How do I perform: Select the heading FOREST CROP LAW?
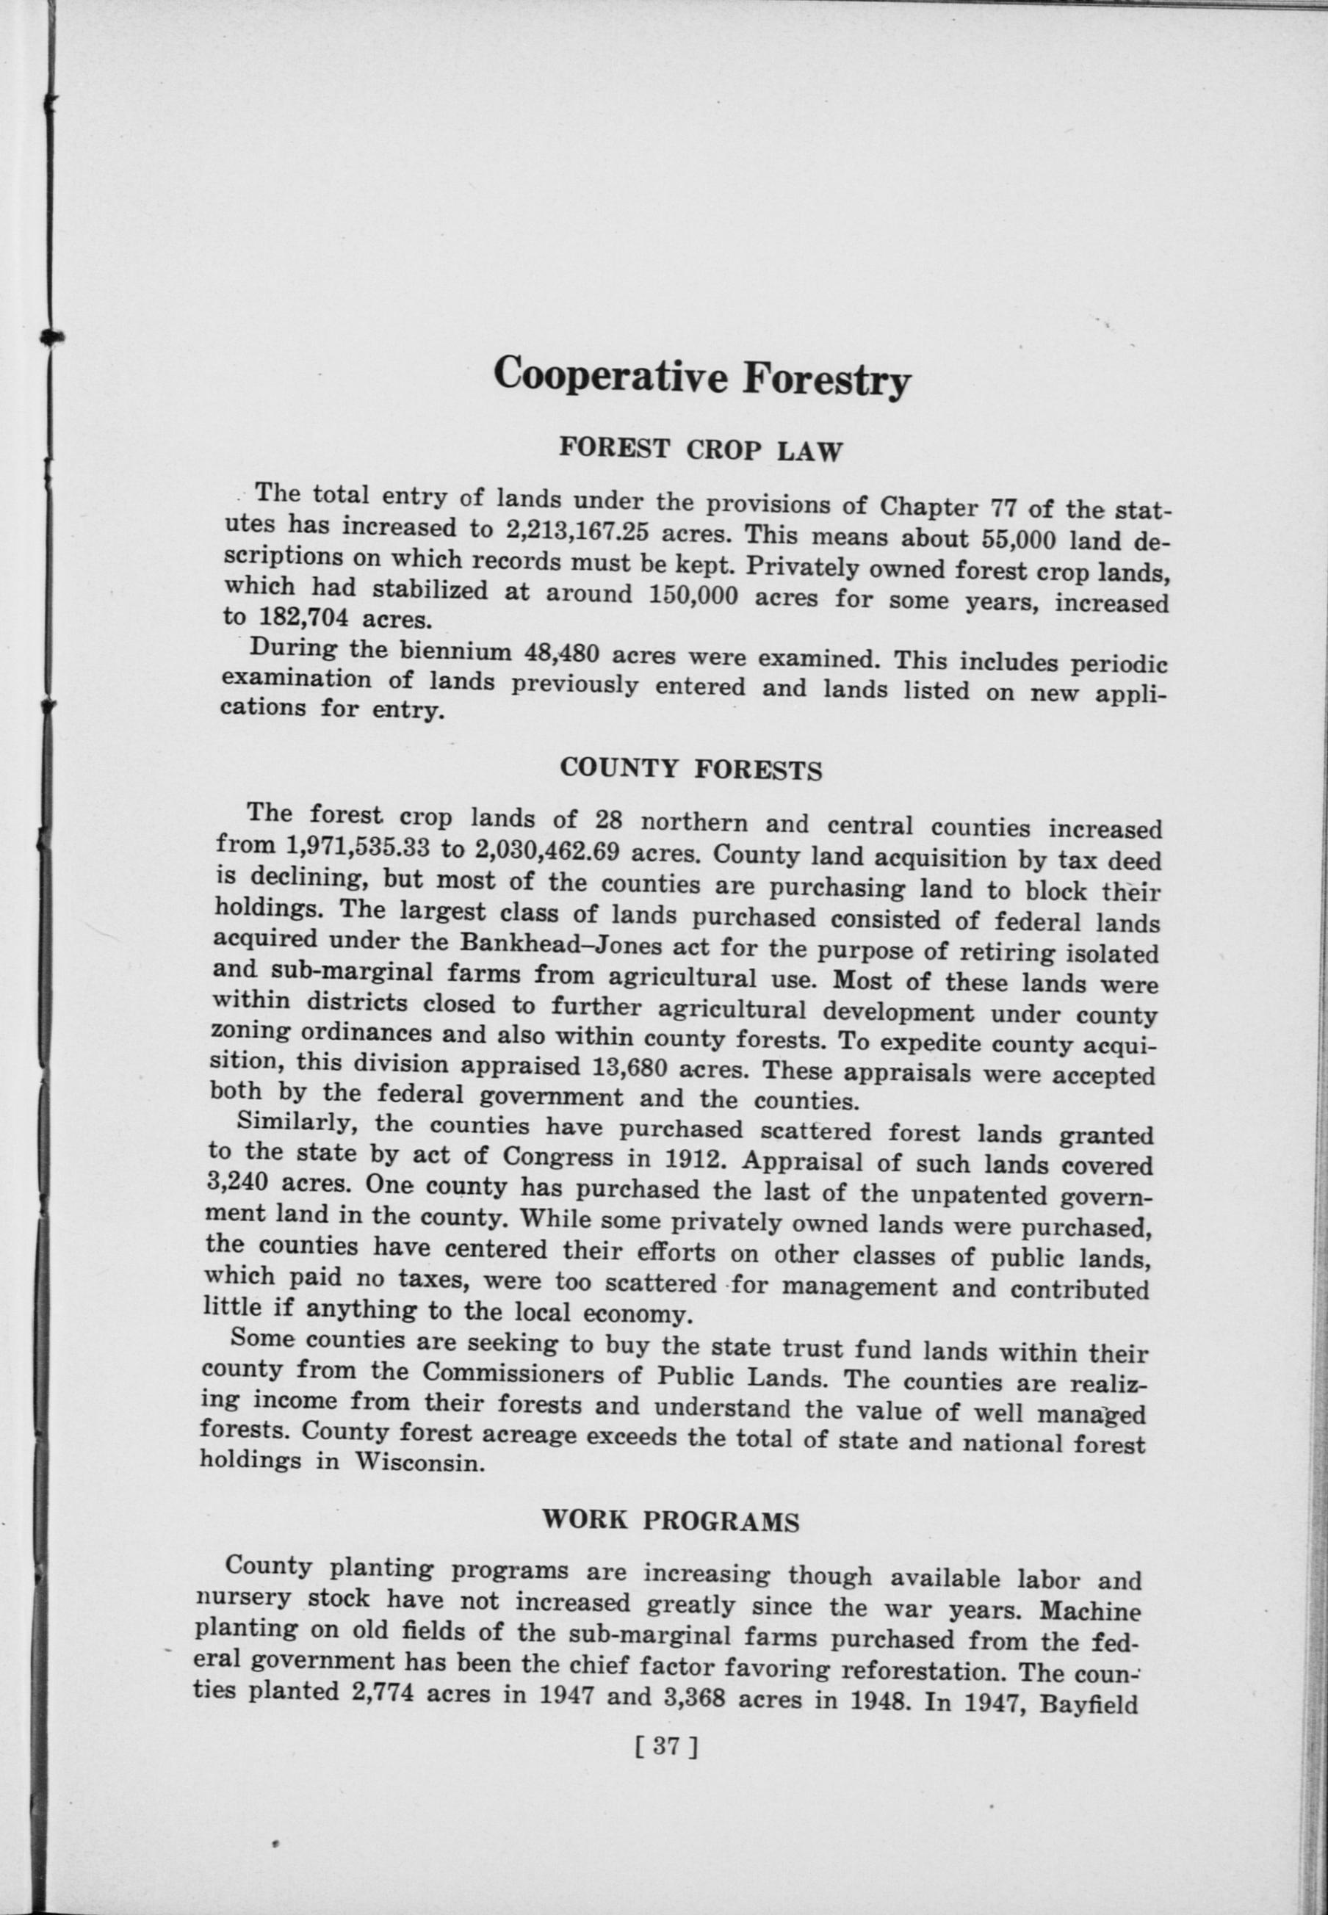[x=701, y=449]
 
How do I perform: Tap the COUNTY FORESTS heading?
[x=690, y=768]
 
